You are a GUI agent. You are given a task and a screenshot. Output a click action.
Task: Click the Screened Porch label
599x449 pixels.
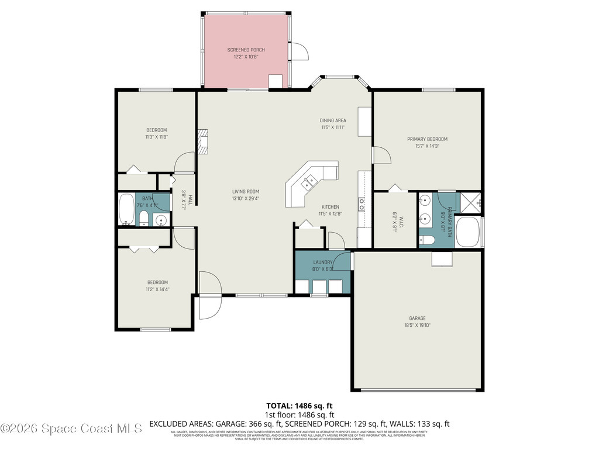tap(246, 50)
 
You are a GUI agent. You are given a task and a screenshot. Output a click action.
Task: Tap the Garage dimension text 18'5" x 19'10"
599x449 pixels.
tap(417, 326)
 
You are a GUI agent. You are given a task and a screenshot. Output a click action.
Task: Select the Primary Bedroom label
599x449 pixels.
tap(427, 139)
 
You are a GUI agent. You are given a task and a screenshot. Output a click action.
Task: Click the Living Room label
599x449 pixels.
tap(245, 191)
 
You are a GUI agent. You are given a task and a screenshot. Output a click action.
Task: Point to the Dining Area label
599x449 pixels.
tap(333, 120)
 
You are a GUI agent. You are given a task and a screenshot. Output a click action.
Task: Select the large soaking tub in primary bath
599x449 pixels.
tap(470, 232)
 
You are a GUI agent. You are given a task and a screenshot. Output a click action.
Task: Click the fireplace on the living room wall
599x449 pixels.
tap(202, 141)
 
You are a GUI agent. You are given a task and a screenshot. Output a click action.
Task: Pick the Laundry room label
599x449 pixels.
tap(322, 263)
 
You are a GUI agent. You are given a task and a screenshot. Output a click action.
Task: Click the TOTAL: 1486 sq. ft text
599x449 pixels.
tap(299, 405)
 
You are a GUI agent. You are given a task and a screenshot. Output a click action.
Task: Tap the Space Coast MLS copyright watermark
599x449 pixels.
tap(71, 429)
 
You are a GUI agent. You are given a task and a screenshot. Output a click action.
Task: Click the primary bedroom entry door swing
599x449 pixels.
tap(381, 155)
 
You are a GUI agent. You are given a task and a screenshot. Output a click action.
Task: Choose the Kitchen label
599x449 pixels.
tap(330, 207)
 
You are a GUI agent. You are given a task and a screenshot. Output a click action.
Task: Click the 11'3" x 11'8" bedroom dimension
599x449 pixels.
tap(156, 137)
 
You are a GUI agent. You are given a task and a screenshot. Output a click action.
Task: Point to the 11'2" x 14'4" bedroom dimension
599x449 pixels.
tap(157, 289)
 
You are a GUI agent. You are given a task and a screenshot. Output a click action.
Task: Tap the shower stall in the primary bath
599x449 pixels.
tap(470, 202)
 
